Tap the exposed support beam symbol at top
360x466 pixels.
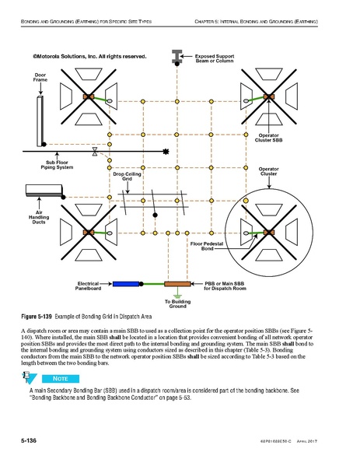pos(177,56)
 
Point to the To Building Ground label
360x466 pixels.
pos(177,304)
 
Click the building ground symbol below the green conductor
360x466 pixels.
pos(177,295)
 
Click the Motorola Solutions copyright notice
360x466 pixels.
pos(89,56)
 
